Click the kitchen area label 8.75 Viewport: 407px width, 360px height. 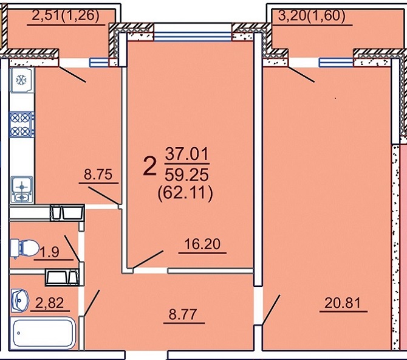point(98,175)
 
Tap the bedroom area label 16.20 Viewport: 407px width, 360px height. point(202,244)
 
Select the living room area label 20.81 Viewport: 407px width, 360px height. point(343,303)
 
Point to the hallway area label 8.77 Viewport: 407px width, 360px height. point(183,314)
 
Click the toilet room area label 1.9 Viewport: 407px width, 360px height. point(50,252)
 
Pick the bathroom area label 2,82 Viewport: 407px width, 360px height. point(50,303)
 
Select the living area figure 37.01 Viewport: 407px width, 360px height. point(187,154)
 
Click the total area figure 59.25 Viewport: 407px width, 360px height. point(187,175)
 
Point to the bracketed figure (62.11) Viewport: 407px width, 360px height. point(185,193)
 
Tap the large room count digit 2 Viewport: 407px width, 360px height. point(150,167)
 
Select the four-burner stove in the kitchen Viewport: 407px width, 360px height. point(22,125)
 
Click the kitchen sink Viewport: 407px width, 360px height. point(22,190)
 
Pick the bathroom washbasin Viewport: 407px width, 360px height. point(20,301)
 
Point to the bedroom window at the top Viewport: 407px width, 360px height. point(193,36)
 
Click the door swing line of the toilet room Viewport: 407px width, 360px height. point(72,249)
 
